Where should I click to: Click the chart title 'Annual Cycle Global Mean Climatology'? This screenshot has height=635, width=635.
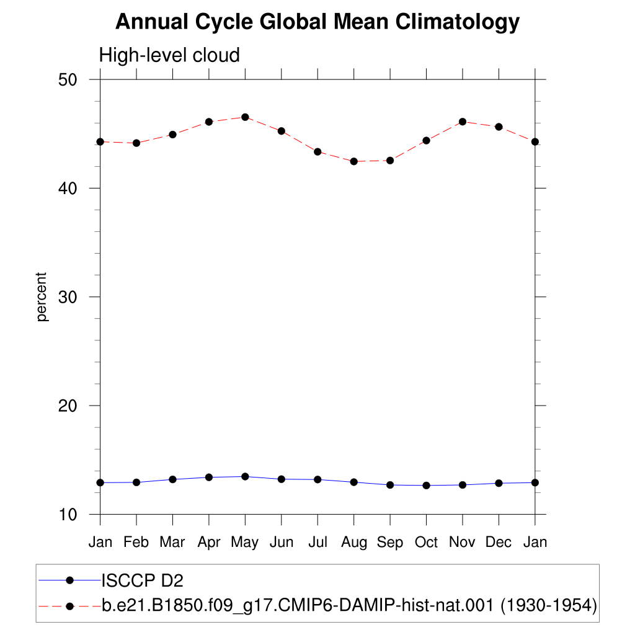coord(317,22)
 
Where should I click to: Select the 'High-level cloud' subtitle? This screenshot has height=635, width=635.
coord(169,55)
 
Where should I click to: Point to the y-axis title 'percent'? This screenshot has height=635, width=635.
coord(42,297)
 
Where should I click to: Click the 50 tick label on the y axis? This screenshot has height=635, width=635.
coord(67,80)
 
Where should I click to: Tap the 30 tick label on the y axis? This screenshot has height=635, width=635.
coord(67,297)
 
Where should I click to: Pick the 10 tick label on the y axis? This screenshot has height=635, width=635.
coord(67,515)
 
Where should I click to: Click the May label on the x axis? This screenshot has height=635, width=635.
coord(244,543)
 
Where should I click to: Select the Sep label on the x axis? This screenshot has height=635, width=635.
coord(390,543)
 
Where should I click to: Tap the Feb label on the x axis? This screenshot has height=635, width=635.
coord(136,542)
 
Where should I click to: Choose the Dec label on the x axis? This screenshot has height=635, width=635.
coord(499,542)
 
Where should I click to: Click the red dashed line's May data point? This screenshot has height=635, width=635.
coord(245,117)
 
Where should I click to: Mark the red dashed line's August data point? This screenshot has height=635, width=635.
coord(354,161)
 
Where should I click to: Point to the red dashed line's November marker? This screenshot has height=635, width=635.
coord(463,122)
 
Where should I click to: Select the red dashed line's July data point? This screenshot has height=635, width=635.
coord(317,152)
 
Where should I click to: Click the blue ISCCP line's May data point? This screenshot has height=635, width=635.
coord(245,477)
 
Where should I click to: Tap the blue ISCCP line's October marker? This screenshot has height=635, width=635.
coord(427,485)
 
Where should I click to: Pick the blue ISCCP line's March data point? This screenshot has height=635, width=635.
coord(172,479)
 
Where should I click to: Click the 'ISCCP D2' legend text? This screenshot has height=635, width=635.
coord(142,580)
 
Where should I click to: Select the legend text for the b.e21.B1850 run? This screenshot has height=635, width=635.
coord(350,606)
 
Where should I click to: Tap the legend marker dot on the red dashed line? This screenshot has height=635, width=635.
coord(69,606)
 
